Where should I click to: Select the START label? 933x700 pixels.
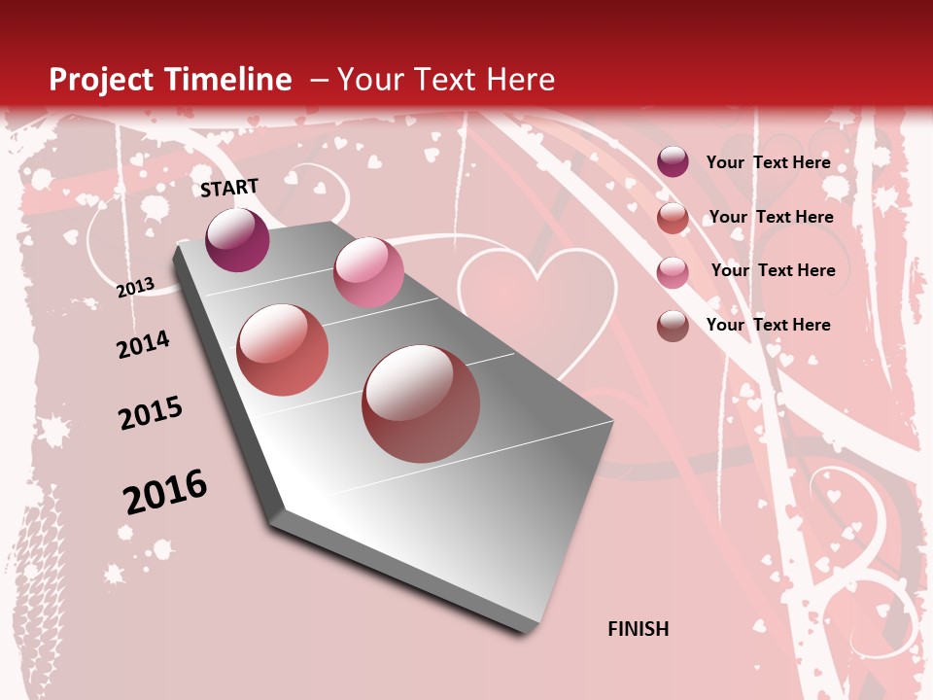[229, 188]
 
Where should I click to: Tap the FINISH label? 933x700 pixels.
[639, 629]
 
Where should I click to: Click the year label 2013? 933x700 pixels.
[135, 287]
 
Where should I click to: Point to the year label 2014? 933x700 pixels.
[143, 344]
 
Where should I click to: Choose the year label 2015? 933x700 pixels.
[151, 413]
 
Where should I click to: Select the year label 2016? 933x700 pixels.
[165, 491]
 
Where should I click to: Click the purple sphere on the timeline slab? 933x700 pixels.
[237, 239]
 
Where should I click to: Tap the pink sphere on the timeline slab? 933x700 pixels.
[368, 272]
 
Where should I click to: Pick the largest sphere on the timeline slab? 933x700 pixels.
[421, 403]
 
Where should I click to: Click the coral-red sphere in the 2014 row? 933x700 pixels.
[283, 350]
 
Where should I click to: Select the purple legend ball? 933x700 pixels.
[673, 162]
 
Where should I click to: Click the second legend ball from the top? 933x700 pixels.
[673, 218]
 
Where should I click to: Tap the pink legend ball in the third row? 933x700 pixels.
[673, 272]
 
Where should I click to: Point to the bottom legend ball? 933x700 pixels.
[673, 326]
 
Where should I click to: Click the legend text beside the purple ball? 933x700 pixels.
[768, 162]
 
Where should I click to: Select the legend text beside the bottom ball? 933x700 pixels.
[768, 325]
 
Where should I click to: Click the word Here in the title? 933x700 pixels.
[520, 80]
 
